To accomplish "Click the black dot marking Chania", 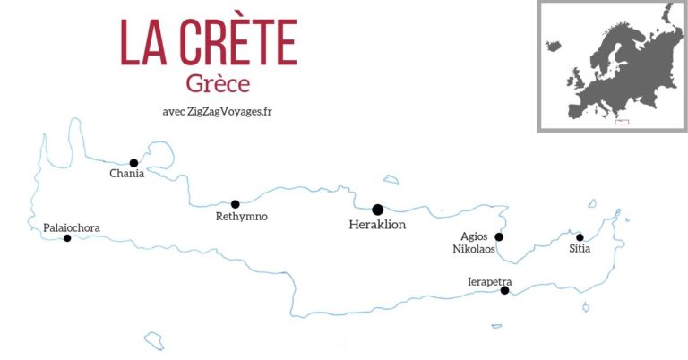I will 133,163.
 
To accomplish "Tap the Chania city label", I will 126,174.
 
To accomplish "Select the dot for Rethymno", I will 236,204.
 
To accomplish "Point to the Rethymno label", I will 242,217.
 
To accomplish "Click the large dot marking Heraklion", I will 378,210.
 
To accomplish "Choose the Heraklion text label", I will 377,225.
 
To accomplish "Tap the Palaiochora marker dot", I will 67,238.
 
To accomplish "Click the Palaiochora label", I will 72,228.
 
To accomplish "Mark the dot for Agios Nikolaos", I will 500,237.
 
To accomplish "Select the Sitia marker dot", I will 580,237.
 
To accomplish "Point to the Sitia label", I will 580,250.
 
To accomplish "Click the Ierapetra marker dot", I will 505,290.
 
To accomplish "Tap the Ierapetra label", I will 490,281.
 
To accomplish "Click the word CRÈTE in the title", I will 236,42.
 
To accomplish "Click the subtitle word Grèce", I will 218,83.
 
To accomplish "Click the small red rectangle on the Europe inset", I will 622,122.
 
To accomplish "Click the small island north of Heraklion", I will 391,180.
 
